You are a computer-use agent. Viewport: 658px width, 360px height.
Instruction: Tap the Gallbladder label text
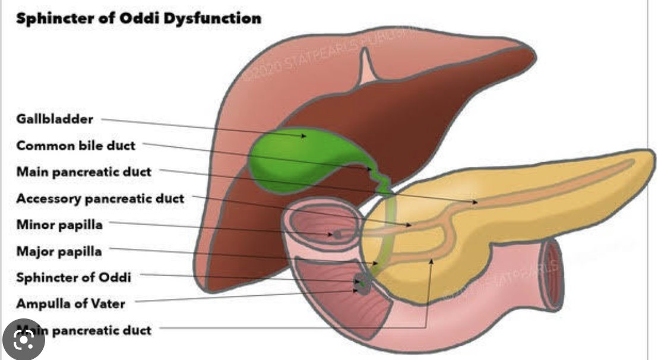click(55, 119)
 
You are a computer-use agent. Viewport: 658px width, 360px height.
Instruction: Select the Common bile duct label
click(76, 146)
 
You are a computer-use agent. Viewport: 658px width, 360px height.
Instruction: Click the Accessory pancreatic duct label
click(100, 198)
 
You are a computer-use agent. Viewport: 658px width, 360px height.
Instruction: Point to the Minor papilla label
click(59, 225)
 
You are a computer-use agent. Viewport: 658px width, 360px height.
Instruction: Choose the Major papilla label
click(59, 251)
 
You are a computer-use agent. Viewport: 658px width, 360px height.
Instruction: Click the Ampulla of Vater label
click(71, 304)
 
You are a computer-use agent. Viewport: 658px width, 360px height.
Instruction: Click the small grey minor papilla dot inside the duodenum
click(337, 235)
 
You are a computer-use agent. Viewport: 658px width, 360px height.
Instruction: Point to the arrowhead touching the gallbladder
click(304, 136)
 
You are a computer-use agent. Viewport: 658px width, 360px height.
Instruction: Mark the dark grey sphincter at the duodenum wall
click(360, 285)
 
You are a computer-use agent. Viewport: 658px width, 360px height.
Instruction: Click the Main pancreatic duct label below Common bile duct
click(84, 172)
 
